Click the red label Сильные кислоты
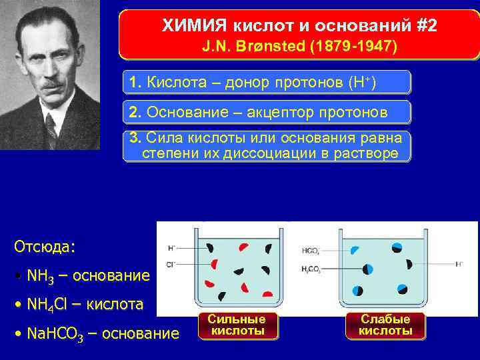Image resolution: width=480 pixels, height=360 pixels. tap(237, 325)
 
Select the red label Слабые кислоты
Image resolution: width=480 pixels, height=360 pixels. tap(385, 325)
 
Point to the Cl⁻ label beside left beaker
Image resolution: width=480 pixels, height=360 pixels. tap(171, 265)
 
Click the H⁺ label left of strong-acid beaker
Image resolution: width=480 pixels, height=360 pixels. tap(171, 248)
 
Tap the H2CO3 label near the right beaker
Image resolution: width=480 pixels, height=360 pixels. tap(311, 269)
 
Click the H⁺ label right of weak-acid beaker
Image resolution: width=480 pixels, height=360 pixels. tap(459, 265)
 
